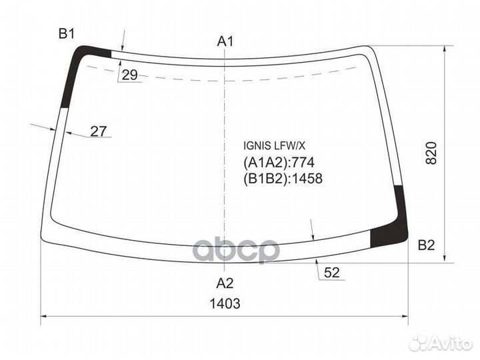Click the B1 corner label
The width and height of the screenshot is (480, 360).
coord(67,34)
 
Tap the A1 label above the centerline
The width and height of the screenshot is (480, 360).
coord(225,41)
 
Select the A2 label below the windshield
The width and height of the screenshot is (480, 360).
coord(225,283)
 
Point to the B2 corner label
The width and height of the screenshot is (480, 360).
coord(427,245)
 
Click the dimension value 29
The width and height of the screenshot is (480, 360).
coord(130,75)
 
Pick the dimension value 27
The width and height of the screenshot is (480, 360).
coord(98,131)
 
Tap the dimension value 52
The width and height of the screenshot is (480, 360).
coord(332,273)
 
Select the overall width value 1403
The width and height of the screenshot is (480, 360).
coord(225,304)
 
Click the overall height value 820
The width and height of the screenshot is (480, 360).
coord(431,153)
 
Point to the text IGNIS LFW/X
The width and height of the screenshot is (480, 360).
coord(274,146)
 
